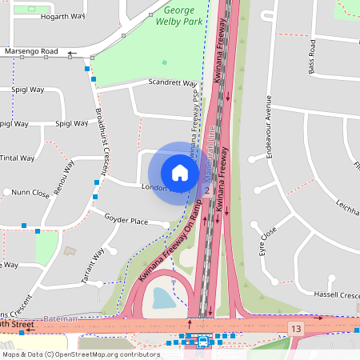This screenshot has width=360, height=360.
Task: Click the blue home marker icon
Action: (180, 172)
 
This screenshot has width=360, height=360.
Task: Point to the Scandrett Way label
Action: (172, 83)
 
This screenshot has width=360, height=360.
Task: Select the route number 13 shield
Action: (297, 329)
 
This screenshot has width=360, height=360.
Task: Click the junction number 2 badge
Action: (206, 190)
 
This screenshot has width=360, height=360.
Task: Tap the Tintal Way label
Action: (16, 158)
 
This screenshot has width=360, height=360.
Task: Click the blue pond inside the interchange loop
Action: (163, 298)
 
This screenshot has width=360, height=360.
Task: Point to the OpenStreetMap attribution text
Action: (80, 354)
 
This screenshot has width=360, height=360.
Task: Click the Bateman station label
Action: (60, 318)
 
